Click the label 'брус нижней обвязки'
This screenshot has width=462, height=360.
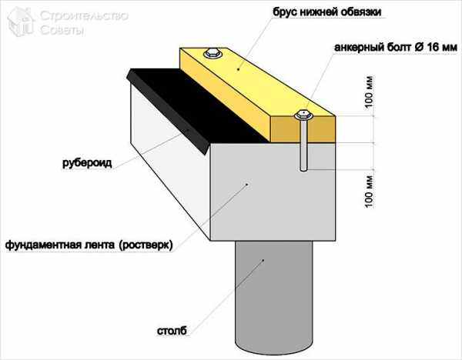point(327,12)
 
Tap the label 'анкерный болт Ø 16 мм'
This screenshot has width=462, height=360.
point(396,48)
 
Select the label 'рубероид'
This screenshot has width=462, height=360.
point(87,163)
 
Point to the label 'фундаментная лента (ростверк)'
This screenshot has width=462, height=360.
point(89,245)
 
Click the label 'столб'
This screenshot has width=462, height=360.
point(172,331)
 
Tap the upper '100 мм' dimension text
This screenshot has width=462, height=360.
point(369,92)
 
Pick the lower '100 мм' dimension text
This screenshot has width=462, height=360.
point(369,192)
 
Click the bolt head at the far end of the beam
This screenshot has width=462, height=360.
point(213,53)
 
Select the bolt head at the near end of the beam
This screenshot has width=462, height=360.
point(303,115)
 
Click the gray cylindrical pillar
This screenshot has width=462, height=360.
point(273,297)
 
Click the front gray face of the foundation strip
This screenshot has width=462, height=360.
point(273,192)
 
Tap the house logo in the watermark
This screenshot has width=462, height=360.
point(21,22)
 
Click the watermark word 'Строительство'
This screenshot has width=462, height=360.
point(84,16)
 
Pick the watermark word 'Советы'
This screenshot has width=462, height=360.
point(62,30)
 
